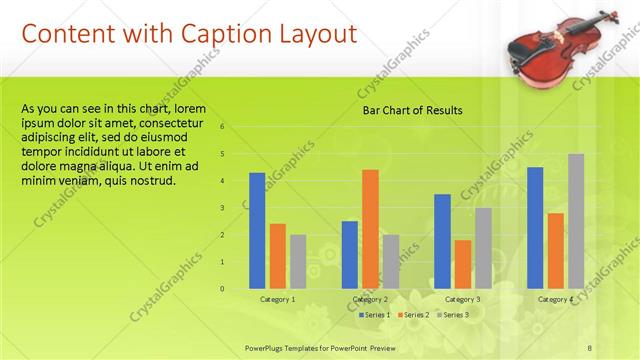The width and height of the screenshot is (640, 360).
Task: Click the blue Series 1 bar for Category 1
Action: (257, 230)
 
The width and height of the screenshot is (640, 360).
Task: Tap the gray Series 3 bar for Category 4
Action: (575, 221)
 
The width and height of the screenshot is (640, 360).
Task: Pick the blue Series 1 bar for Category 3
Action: (442, 241)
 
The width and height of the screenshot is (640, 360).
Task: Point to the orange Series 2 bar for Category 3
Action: (462, 264)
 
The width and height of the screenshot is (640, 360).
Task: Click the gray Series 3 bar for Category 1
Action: (298, 261)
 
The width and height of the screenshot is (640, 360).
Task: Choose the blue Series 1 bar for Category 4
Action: (535, 227)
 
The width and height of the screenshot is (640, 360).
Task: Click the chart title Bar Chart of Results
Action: (412, 111)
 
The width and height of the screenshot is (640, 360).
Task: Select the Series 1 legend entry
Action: (374, 315)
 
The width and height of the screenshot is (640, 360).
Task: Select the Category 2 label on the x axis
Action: (370, 299)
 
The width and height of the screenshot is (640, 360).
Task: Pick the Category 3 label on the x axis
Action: (462, 299)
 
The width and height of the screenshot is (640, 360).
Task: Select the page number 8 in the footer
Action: (590, 347)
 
